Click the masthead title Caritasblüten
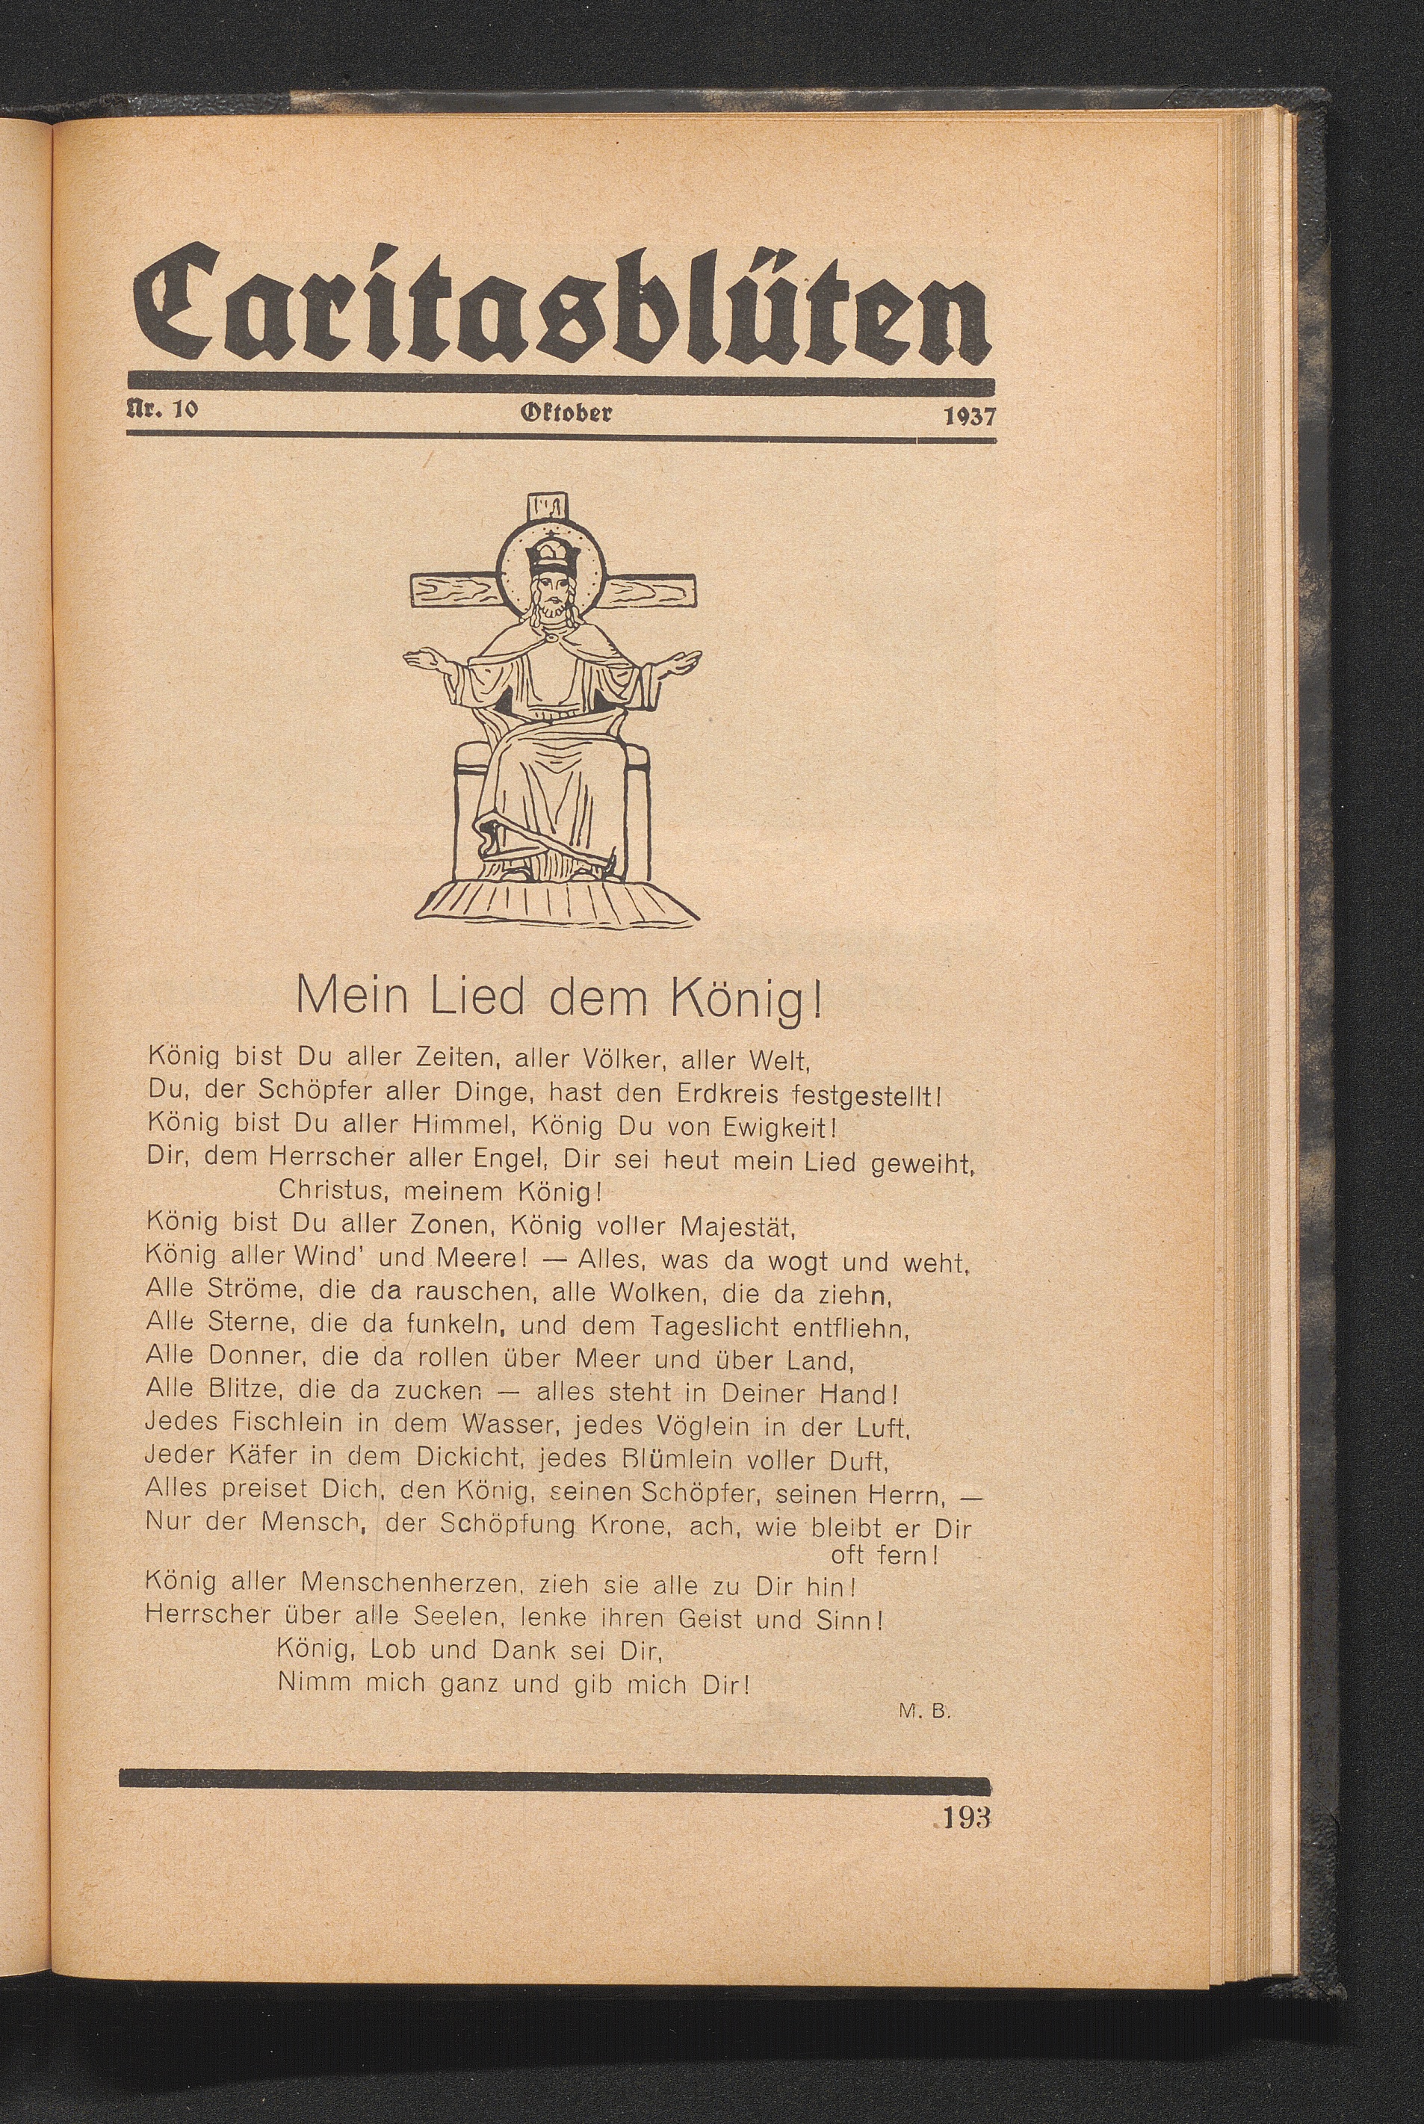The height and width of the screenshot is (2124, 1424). click(560, 306)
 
